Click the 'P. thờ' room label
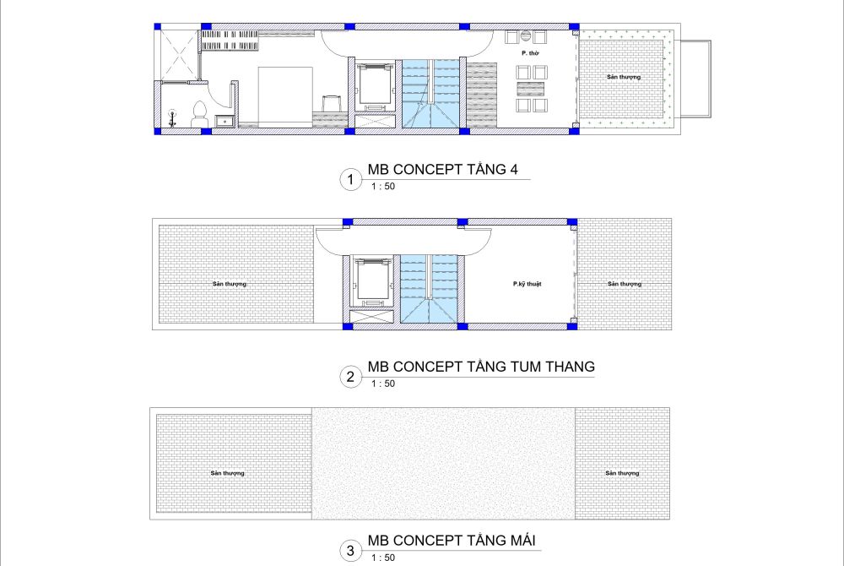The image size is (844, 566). coord(530,53)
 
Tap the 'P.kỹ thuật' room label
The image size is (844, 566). coord(527,284)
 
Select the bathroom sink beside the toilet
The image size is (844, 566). coord(225,121)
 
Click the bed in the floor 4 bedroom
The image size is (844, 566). coord(285,97)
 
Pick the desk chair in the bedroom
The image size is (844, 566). coord(332,104)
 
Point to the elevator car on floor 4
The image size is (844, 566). coord(376,84)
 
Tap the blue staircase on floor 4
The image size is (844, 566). coord(430,94)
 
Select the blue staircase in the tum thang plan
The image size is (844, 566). coord(429,289)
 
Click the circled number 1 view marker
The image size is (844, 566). coord(351,179)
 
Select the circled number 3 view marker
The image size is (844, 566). coord(351,551)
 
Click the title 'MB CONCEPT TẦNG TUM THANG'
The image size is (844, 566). coord(481,367)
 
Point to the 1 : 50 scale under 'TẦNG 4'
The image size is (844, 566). coord(383,187)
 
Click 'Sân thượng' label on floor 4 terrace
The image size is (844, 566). coord(624,77)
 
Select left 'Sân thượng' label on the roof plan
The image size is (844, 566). coord(227,473)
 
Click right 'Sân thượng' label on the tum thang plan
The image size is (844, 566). coord(625,284)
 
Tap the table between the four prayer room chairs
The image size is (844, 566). coord(531,89)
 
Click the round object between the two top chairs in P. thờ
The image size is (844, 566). coord(526,36)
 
